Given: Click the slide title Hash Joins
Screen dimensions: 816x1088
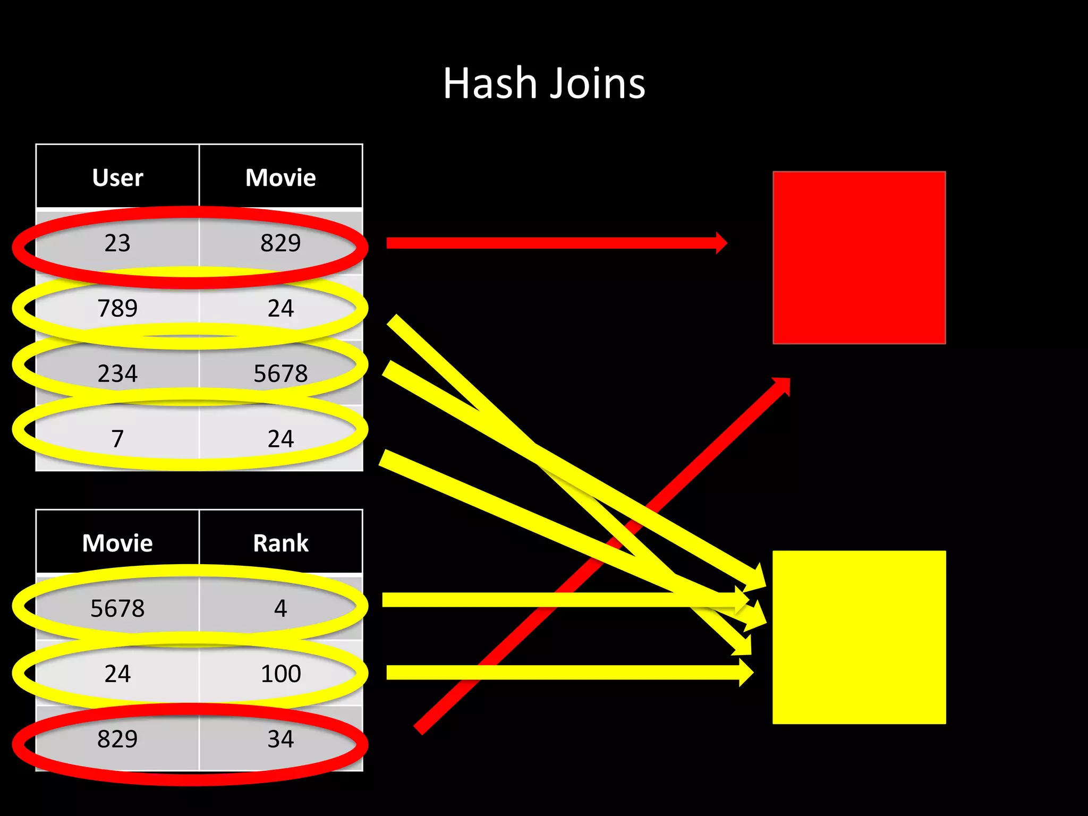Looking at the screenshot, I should point(544,84).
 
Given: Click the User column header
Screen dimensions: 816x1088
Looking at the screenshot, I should point(117,177).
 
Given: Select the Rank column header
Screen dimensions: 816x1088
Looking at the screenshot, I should point(280,543).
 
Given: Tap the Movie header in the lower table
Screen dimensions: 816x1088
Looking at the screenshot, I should point(117,543).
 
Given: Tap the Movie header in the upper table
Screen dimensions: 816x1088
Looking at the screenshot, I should point(280,177).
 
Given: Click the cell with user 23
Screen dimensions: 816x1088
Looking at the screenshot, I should point(117,243).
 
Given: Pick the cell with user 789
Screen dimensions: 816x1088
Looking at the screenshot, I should point(117,308).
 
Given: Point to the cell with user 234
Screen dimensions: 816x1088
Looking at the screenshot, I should point(117,373).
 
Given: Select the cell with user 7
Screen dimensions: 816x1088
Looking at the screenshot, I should point(117,439).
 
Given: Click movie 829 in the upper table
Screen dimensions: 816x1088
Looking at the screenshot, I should point(280,243).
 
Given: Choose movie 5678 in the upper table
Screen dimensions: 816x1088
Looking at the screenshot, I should point(280,373).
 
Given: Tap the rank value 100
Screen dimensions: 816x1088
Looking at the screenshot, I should point(280,674).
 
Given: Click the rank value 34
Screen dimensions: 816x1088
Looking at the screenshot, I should point(280,739).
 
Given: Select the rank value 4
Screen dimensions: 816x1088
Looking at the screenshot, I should point(280,608).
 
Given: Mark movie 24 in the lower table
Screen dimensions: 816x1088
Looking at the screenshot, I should point(117,674).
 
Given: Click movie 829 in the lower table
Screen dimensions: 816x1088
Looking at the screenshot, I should point(117,739).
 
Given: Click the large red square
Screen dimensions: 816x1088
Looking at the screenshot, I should point(859,258).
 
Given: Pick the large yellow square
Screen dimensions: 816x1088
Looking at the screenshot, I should point(859,637).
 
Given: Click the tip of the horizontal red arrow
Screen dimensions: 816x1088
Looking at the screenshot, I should point(725,243).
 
